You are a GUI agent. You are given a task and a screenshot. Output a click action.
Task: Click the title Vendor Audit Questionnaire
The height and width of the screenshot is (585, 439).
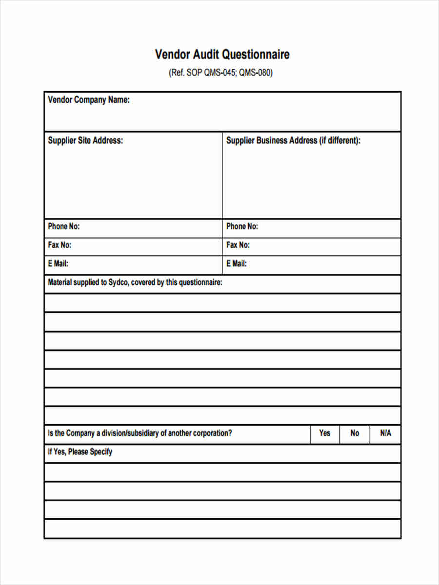click(x=222, y=54)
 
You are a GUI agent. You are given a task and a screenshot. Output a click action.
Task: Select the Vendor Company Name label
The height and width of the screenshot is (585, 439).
click(x=88, y=100)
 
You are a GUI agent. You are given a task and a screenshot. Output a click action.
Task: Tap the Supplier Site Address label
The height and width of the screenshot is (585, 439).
click(x=85, y=140)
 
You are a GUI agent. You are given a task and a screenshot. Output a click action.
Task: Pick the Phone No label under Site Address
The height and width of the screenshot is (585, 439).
click(x=63, y=226)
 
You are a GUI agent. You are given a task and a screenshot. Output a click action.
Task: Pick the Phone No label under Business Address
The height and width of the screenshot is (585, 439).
click(x=242, y=226)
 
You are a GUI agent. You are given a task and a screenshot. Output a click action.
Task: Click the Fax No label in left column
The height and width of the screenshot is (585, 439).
click(x=59, y=245)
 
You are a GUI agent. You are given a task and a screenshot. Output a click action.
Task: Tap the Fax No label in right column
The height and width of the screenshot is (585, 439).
click(x=238, y=245)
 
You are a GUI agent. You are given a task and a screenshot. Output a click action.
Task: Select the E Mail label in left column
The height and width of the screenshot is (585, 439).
click(x=58, y=264)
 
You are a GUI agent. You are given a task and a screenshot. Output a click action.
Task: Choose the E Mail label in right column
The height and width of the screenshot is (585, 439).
click(x=236, y=264)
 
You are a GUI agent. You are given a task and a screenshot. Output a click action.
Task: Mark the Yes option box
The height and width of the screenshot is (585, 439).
click(x=324, y=433)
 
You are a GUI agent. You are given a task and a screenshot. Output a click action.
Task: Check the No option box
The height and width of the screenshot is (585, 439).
click(x=355, y=433)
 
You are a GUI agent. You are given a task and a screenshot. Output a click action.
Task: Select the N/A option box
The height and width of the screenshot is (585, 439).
click(x=385, y=433)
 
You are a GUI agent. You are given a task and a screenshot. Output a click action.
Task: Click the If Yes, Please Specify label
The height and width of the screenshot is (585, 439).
click(x=80, y=451)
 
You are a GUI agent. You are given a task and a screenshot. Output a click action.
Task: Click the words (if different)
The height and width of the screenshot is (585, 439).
click(x=340, y=140)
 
